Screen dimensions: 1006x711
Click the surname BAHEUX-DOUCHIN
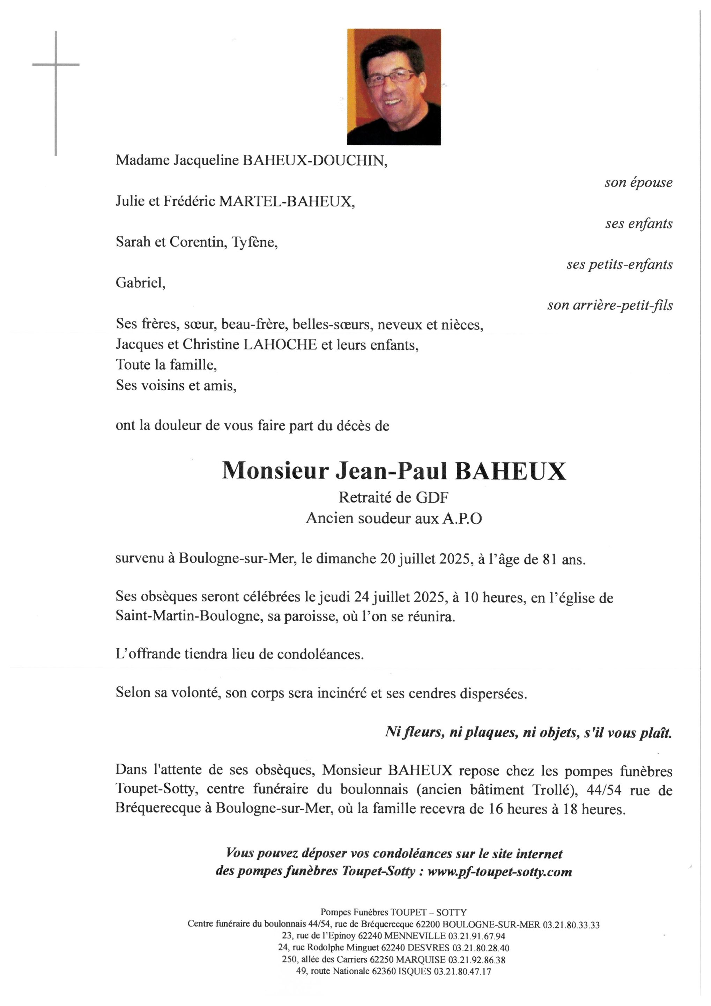tap(315, 161)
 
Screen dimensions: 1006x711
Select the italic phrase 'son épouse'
tap(638, 182)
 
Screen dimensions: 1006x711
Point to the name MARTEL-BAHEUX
tap(286, 202)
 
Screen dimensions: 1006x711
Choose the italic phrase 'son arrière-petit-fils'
tap(609, 305)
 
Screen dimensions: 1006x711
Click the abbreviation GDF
tap(432, 497)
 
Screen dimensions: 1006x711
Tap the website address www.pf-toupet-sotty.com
tap(499, 872)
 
